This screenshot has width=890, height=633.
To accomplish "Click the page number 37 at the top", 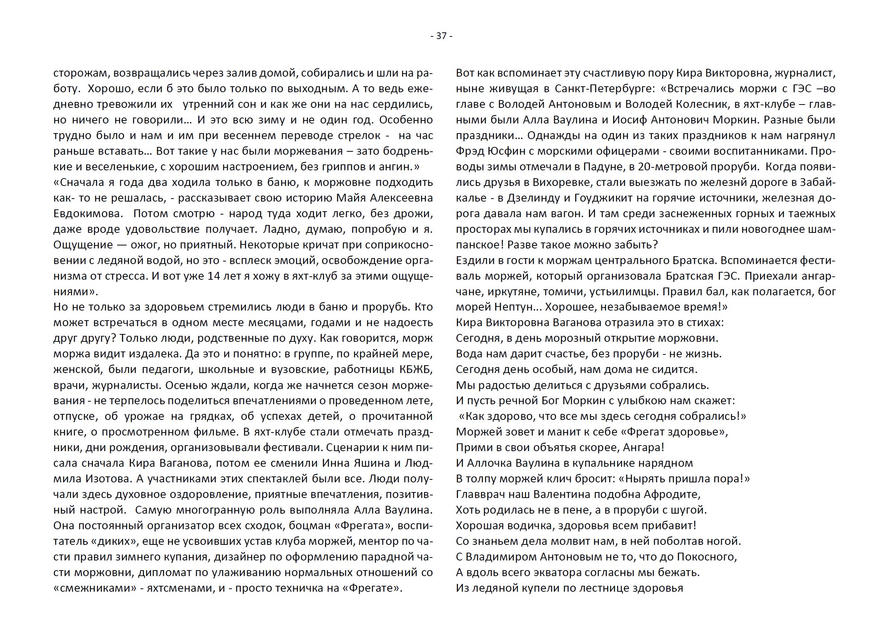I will (441, 36).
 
